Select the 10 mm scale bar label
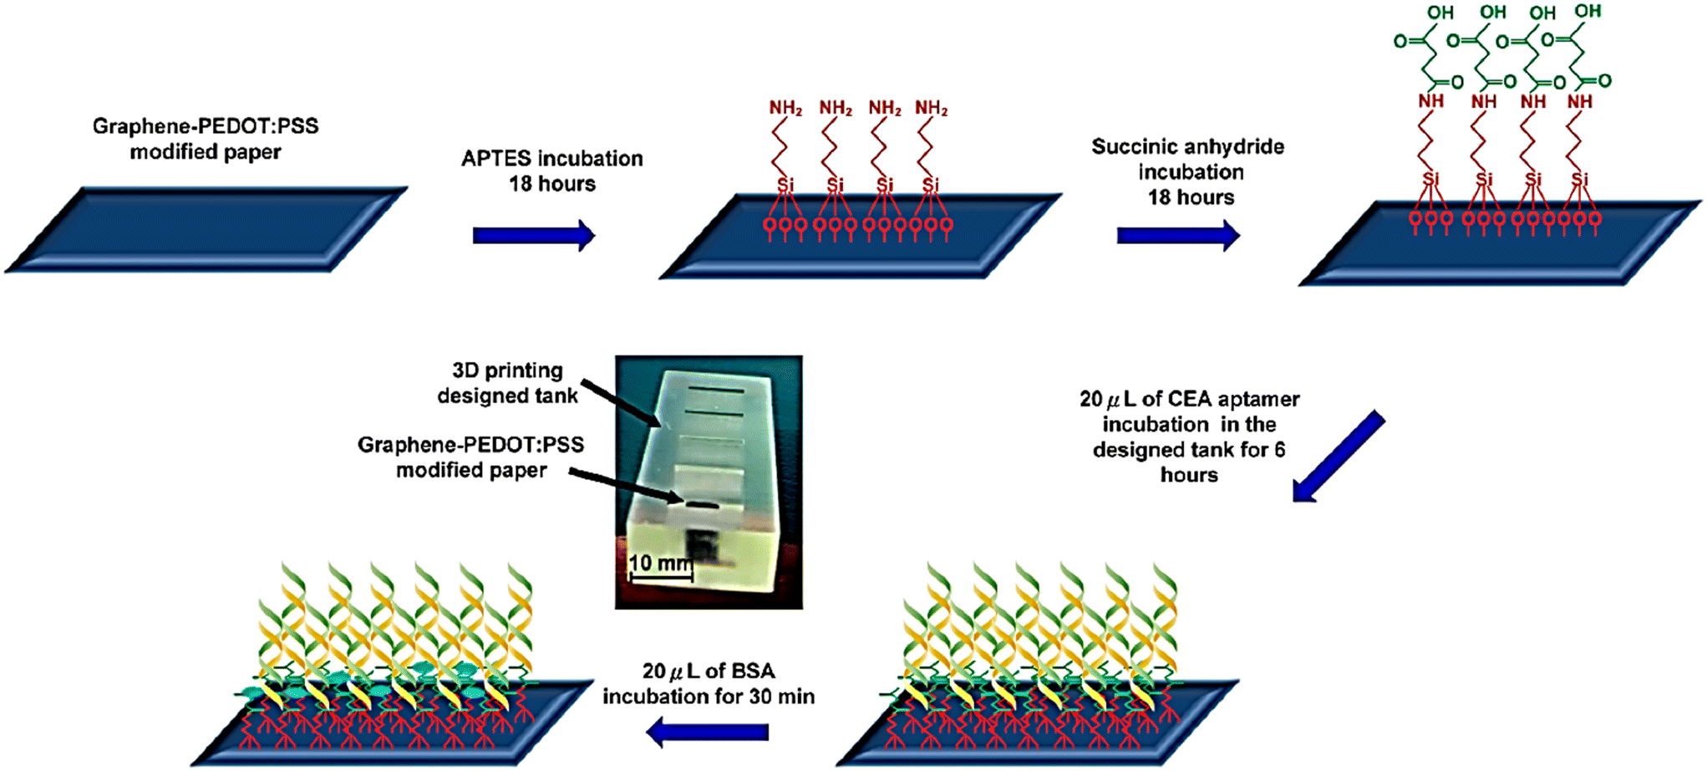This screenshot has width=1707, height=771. (660, 563)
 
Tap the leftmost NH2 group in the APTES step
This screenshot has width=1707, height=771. (785, 108)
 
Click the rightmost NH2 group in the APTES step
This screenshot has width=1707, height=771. (931, 108)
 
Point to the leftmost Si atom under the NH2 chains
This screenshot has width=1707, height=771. (785, 184)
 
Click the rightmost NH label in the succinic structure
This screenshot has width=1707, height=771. (1579, 101)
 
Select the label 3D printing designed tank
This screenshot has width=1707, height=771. (507, 382)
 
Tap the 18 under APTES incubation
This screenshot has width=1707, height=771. (521, 184)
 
